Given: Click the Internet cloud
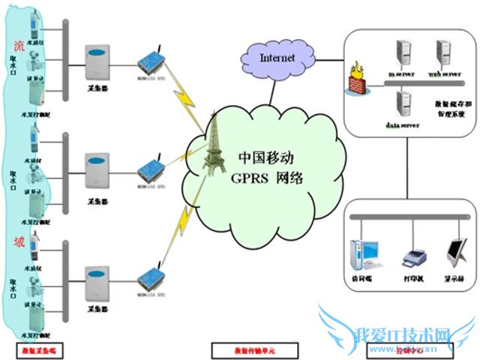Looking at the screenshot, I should tap(278, 56).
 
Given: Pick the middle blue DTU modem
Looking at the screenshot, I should tap(149, 169).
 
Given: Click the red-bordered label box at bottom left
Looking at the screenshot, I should tap(36, 349).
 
